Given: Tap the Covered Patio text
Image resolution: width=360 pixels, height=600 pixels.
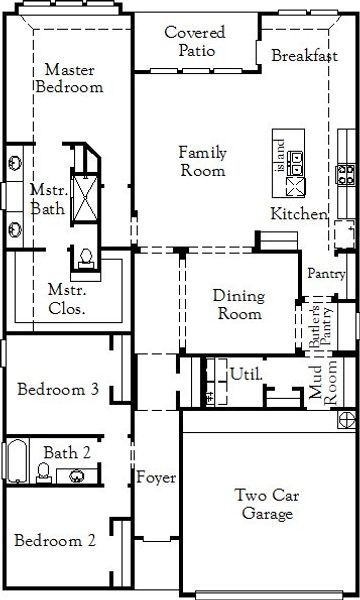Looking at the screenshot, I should click(x=195, y=41).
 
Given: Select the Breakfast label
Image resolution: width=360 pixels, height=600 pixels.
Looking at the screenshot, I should click(x=304, y=56).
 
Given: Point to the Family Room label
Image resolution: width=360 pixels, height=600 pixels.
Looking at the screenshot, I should click(x=202, y=161).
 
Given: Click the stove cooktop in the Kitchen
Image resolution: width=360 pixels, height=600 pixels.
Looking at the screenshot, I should click(x=346, y=175).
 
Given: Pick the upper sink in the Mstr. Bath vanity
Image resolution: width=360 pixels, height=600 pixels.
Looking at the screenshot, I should click(x=16, y=160).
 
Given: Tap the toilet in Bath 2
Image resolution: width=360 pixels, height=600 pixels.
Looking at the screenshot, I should click(x=44, y=471).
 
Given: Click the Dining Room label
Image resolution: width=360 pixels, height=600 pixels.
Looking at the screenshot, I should click(x=238, y=305).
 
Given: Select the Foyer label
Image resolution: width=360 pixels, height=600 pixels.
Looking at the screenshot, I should click(x=157, y=476).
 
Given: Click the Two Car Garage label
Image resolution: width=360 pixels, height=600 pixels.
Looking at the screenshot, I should click(x=265, y=504).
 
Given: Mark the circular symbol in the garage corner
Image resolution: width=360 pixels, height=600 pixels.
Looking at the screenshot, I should click(x=345, y=418).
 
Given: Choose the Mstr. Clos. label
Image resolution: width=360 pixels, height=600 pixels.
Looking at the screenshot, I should click(x=66, y=300).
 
